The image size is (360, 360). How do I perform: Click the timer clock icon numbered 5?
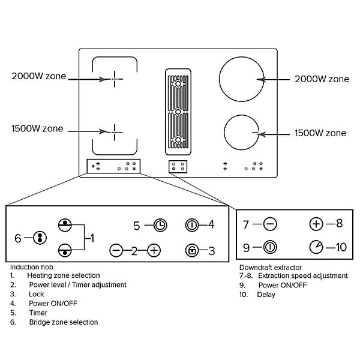pyautogui.click(x=160, y=225)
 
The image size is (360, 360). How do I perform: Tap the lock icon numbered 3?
pyautogui.click(x=192, y=250)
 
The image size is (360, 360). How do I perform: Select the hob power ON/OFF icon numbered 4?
pyautogui.click(x=192, y=225)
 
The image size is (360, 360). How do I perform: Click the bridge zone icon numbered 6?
pyautogui.click(x=40, y=238)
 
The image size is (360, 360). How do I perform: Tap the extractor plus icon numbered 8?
pyautogui.click(x=316, y=224)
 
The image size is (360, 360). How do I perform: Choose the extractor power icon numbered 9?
pyautogui.click(x=270, y=247)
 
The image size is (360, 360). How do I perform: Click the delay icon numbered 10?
pyautogui.click(x=316, y=247)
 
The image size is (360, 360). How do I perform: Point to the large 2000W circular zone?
pyautogui.click(x=219, y=79)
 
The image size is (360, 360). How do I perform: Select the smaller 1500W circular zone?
pyautogui.click(x=224, y=133)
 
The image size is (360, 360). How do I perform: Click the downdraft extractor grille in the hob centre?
pyautogui.click(x=178, y=112)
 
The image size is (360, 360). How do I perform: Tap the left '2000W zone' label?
pyautogui.click(x=39, y=76)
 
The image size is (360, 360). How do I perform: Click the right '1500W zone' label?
pyautogui.click(x=320, y=133)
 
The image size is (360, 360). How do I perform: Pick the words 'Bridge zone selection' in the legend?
pyautogui.click(x=64, y=322)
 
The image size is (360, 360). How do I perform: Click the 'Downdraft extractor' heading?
pyautogui.click(x=271, y=268)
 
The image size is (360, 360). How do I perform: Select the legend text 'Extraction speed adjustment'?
pyautogui.click(x=303, y=275)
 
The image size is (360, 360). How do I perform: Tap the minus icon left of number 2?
pyautogui.click(x=116, y=250)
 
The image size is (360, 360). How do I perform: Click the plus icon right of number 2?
pyautogui.click(x=154, y=250)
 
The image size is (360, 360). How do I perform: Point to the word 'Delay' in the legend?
pyautogui.click(x=266, y=295)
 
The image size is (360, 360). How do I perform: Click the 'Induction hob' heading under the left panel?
pyautogui.click(x=32, y=267)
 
